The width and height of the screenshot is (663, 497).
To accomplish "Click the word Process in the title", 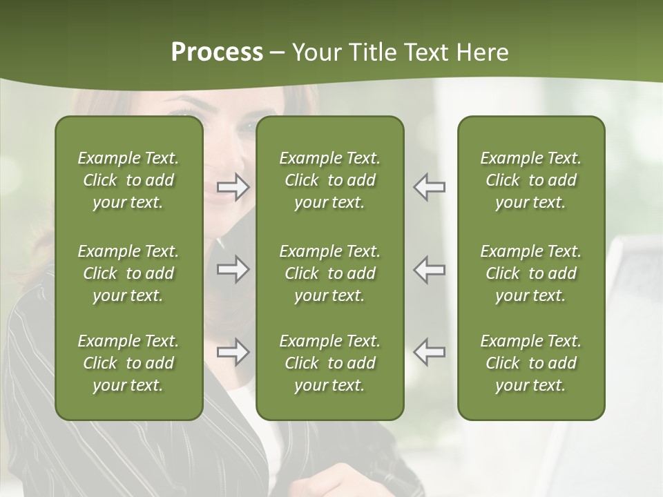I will (217, 52).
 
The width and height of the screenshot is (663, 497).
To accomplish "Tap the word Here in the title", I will (482, 52).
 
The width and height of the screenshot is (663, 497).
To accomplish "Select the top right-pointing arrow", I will (233, 187).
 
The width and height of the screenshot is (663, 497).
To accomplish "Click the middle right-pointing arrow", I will (233, 269).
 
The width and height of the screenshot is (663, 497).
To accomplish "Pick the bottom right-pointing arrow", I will (233, 352).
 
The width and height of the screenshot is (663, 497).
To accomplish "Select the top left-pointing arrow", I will (429, 187).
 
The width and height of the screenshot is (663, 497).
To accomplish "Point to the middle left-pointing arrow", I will (429, 269).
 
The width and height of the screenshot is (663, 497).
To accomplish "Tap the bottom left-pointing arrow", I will (429, 352).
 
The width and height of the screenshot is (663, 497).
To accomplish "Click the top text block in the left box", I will (128, 180).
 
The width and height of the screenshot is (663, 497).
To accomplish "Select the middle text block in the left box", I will (128, 273).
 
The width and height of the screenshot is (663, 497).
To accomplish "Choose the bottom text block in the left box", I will (128, 363).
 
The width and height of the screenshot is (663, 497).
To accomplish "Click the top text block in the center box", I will (329, 180).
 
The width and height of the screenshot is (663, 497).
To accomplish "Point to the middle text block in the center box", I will (329, 273).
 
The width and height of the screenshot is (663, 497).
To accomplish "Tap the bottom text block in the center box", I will (329, 363).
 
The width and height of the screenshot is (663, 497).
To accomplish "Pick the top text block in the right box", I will (530, 180).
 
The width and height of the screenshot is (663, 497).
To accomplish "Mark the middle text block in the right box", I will (530, 273).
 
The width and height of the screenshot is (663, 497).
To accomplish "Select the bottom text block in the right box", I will (530, 363).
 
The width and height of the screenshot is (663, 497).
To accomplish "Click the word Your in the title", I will (316, 52).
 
